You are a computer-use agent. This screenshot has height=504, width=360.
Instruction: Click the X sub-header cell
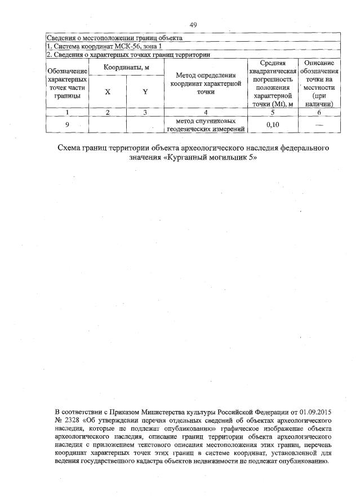coord(107,92)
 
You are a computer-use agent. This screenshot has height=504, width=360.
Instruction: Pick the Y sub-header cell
coord(145,92)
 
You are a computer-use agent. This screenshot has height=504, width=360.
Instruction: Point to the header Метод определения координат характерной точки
coord(205,83)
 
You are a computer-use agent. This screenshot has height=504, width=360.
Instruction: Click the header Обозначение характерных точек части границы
coord(67,83)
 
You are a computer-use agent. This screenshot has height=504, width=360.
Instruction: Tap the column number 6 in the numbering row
coord(319,113)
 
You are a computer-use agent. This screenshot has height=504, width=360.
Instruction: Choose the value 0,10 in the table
coord(273,125)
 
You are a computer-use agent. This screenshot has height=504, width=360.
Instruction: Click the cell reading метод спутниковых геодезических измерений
coord(205,125)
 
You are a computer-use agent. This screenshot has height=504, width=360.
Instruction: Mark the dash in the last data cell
coord(319,125)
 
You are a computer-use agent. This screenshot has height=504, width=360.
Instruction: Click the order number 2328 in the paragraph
coord(75,421)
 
